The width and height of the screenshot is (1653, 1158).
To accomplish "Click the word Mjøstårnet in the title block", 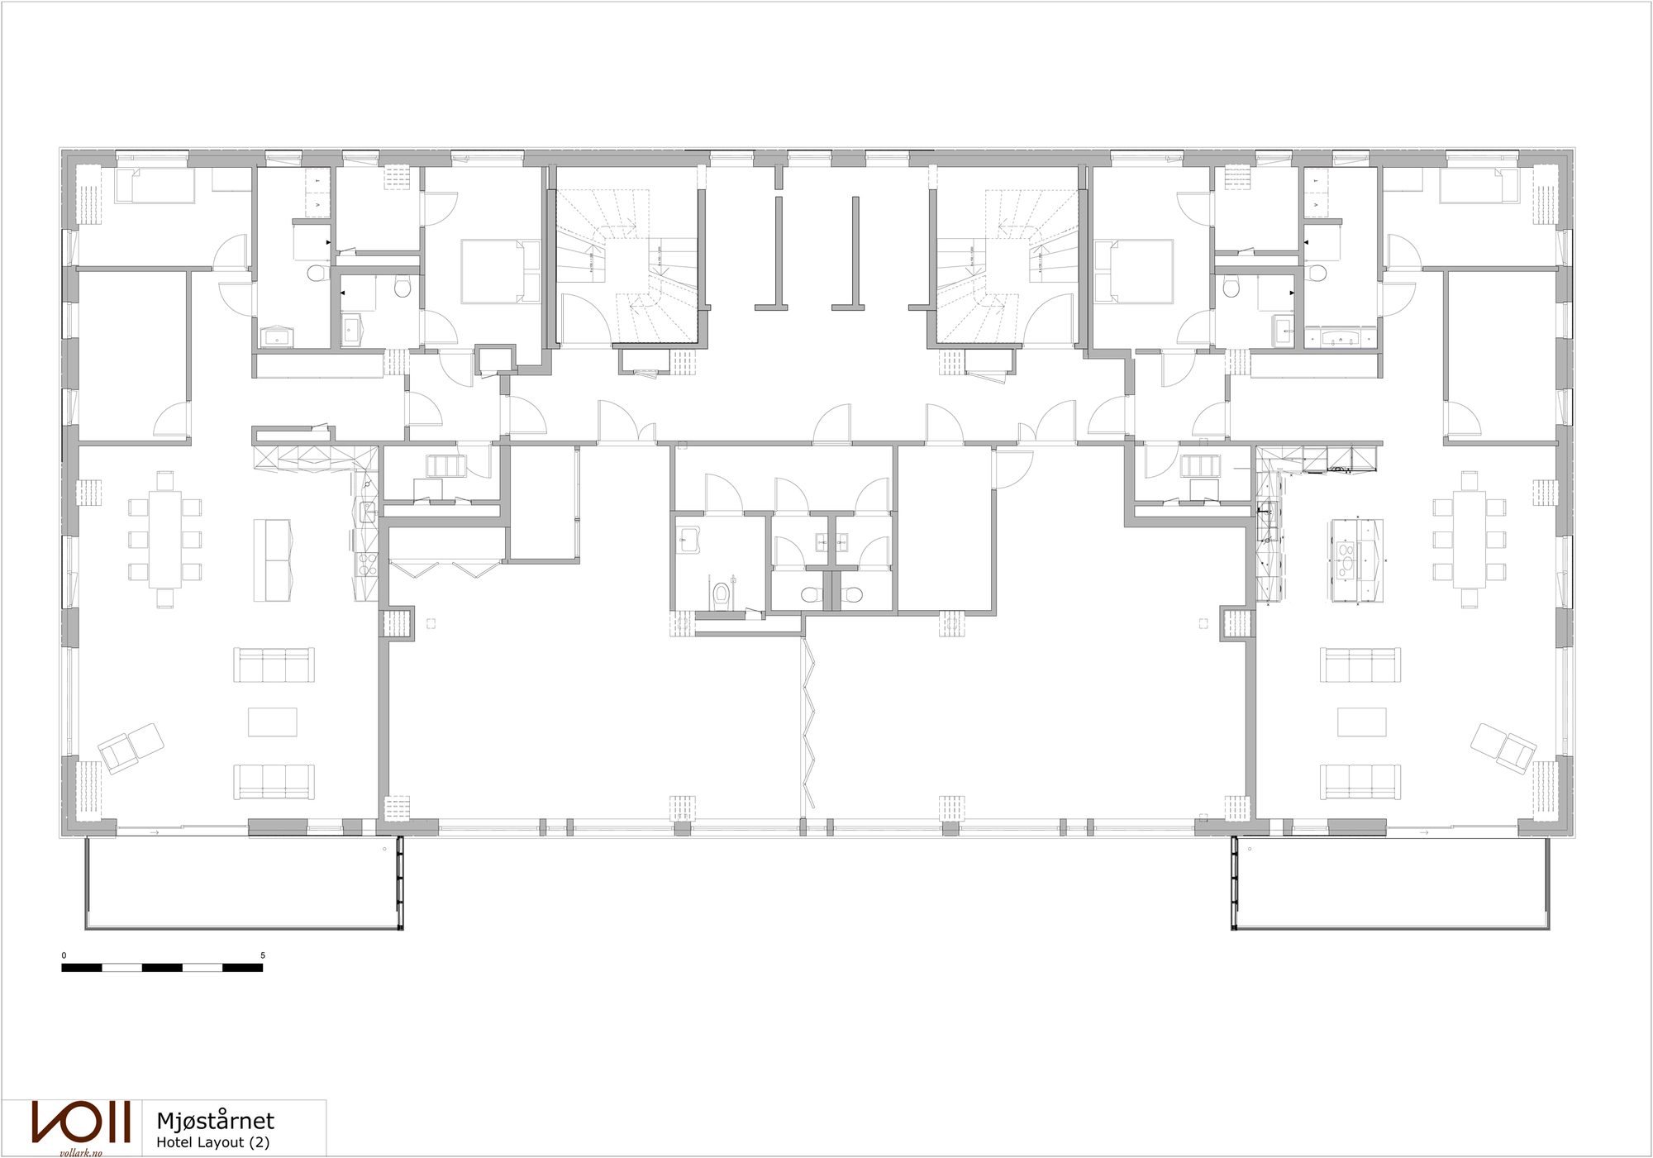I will point(215,1121).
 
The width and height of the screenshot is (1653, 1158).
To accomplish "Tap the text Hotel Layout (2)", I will point(212,1142).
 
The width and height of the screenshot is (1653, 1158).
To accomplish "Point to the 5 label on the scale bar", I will point(263,955).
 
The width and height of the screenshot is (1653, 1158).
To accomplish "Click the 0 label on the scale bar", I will point(64,955).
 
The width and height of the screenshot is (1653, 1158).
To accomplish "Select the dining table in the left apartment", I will point(165,539).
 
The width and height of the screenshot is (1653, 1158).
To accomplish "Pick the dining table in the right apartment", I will point(1469,539).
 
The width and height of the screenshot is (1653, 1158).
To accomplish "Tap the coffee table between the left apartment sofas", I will point(273,722).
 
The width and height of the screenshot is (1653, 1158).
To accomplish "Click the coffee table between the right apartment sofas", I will point(1362,722).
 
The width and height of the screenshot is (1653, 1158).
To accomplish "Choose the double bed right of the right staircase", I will point(1133,271).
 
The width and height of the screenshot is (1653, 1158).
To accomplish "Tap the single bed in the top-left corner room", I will point(155,186).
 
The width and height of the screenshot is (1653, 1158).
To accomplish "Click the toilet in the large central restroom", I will point(722,593).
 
